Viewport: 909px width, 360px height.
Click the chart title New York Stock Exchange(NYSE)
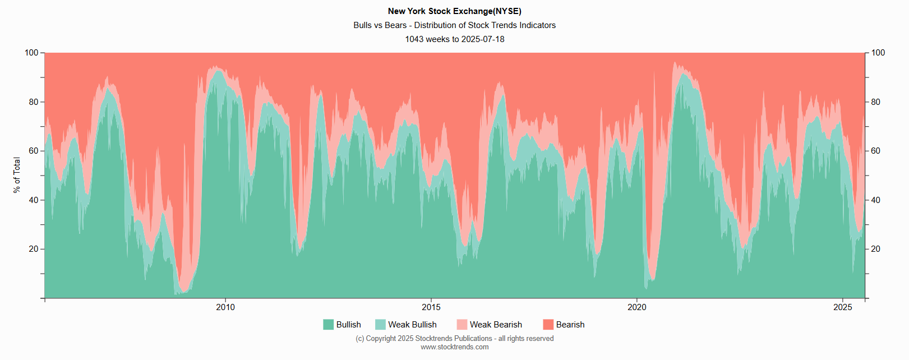pyautogui.click(x=454, y=11)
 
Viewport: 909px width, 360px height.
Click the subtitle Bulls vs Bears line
pyautogui.click(x=454, y=25)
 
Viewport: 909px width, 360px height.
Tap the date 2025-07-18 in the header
pyautogui.click(x=483, y=39)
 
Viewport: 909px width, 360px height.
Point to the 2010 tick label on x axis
pyautogui.click(x=225, y=307)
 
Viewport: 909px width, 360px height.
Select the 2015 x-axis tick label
pyautogui.click(x=431, y=307)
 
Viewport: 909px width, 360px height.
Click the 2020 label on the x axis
pyautogui.click(x=637, y=307)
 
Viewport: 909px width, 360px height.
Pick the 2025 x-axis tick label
pyautogui.click(x=843, y=307)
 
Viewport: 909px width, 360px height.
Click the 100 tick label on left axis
pyautogui.click(x=31, y=53)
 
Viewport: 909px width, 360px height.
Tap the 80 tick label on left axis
pyautogui.click(x=34, y=102)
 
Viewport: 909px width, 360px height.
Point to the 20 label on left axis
pyautogui.click(x=34, y=249)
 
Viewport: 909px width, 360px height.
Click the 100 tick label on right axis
pyautogui.click(x=878, y=53)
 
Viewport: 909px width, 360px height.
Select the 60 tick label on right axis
pyautogui.click(x=876, y=151)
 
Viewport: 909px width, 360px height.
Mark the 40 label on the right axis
pyautogui.click(x=876, y=200)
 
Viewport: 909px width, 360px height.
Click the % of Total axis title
pyautogui.click(x=17, y=175)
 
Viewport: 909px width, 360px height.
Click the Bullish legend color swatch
pyautogui.click(x=329, y=325)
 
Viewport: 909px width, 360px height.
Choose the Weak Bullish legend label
pyautogui.click(x=412, y=325)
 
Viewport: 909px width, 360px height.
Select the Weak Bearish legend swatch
pyautogui.click(x=462, y=325)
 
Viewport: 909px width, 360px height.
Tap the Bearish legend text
pyautogui.click(x=570, y=325)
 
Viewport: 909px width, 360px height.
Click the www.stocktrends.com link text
pyautogui.click(x=454, y=347)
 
